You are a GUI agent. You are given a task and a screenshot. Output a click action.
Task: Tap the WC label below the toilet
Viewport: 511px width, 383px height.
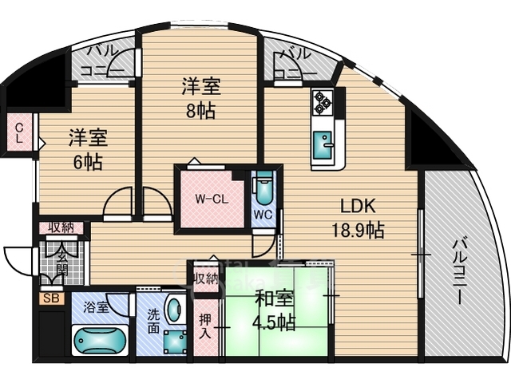click(x=263, y=215)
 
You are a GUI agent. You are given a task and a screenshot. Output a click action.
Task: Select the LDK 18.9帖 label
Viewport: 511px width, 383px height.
click(x=358, y=216)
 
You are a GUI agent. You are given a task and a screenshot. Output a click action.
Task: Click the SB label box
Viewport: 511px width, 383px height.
click(x=51, y=299)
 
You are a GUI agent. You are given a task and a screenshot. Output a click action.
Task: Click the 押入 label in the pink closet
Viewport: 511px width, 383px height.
click(x=205, y=327)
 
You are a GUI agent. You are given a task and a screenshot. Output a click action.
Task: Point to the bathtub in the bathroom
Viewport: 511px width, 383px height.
click(x=100, y=340)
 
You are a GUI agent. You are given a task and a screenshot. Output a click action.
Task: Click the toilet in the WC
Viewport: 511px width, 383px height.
click(x=263, y=189)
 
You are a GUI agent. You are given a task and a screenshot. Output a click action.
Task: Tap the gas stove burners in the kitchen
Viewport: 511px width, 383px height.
click(x=323, y=102)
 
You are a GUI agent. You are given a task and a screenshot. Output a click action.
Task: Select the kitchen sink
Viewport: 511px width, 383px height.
click(x=324, y=146)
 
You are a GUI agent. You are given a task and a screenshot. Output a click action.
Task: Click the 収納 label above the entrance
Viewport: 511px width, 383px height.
click(x=61, y=228)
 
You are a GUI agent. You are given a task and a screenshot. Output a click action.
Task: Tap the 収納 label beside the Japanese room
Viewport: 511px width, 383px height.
click(x=205, y=278)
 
